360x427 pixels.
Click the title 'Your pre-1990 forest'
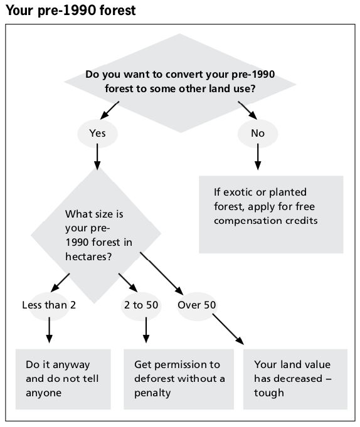click(x=70, y=11)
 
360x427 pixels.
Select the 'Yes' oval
click(x=97, y=134)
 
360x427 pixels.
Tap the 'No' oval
click(x=258, y=134)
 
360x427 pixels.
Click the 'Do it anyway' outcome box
click(x=63, y=379)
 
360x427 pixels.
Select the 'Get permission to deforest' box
click(x=179, y=379)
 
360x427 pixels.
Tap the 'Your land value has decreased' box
click(x=295, y=379)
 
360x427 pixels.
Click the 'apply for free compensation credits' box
click(x=271, y=214)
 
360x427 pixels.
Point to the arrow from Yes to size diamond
click(x=97, y=157)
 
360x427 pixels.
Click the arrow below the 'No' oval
click(x=258, y=157)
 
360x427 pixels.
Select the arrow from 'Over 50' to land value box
click(x=228, y=329)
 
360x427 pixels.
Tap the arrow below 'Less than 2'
click(x=50, y=330)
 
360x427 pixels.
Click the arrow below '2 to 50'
click(x=146, y=330)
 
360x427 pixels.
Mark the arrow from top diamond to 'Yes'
click(x=110, y=110)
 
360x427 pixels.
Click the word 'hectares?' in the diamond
click(x=88, y=257)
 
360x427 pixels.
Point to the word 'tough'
click(x=269, y=393)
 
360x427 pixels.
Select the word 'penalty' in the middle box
click(x=152, y=393)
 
